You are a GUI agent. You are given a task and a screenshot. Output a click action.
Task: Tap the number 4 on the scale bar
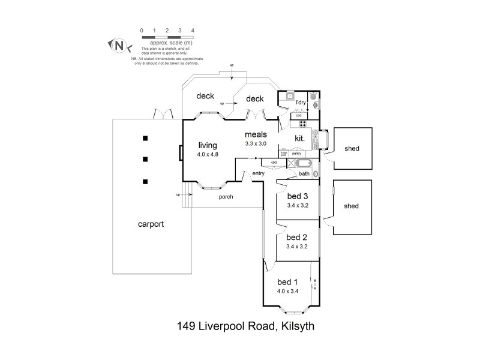pyautogui.click(x=192, y=29)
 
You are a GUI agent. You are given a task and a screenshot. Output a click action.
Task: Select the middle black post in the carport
pyautogui.click(x=145, y=160)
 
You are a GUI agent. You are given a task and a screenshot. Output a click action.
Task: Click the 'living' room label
pyautogui.click(x=208, y=145)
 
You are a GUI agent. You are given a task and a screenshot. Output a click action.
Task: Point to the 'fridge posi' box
pyautogui.click(x=284, y=154)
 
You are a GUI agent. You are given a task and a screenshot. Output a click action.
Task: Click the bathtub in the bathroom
pyautogui.click(x=303, y=163)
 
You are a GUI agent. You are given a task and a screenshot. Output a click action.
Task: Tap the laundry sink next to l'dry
pyautogui.click(x=289, y=95)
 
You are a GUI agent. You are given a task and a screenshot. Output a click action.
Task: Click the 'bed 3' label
pyautogui.click(x=297, y=196)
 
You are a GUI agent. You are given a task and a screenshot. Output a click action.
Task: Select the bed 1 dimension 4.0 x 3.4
pyautogui.click(x=288, y=292)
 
